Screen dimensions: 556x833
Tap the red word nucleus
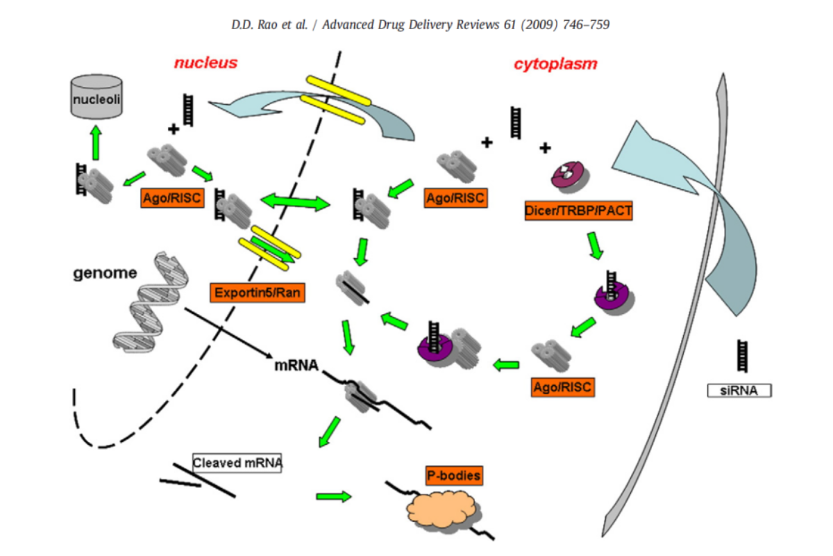click(205, 63)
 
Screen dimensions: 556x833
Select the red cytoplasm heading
click(555, 65)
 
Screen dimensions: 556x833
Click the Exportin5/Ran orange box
click(257, 293)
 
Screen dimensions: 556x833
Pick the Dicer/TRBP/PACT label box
click(578, 211)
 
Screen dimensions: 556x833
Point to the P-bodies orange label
click(454, 476)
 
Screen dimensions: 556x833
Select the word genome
click(106, 273)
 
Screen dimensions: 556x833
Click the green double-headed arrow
click(294, 204)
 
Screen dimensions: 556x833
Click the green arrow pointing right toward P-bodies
click(333, 496)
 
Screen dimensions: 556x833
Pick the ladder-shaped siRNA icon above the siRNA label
click(742, 354)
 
